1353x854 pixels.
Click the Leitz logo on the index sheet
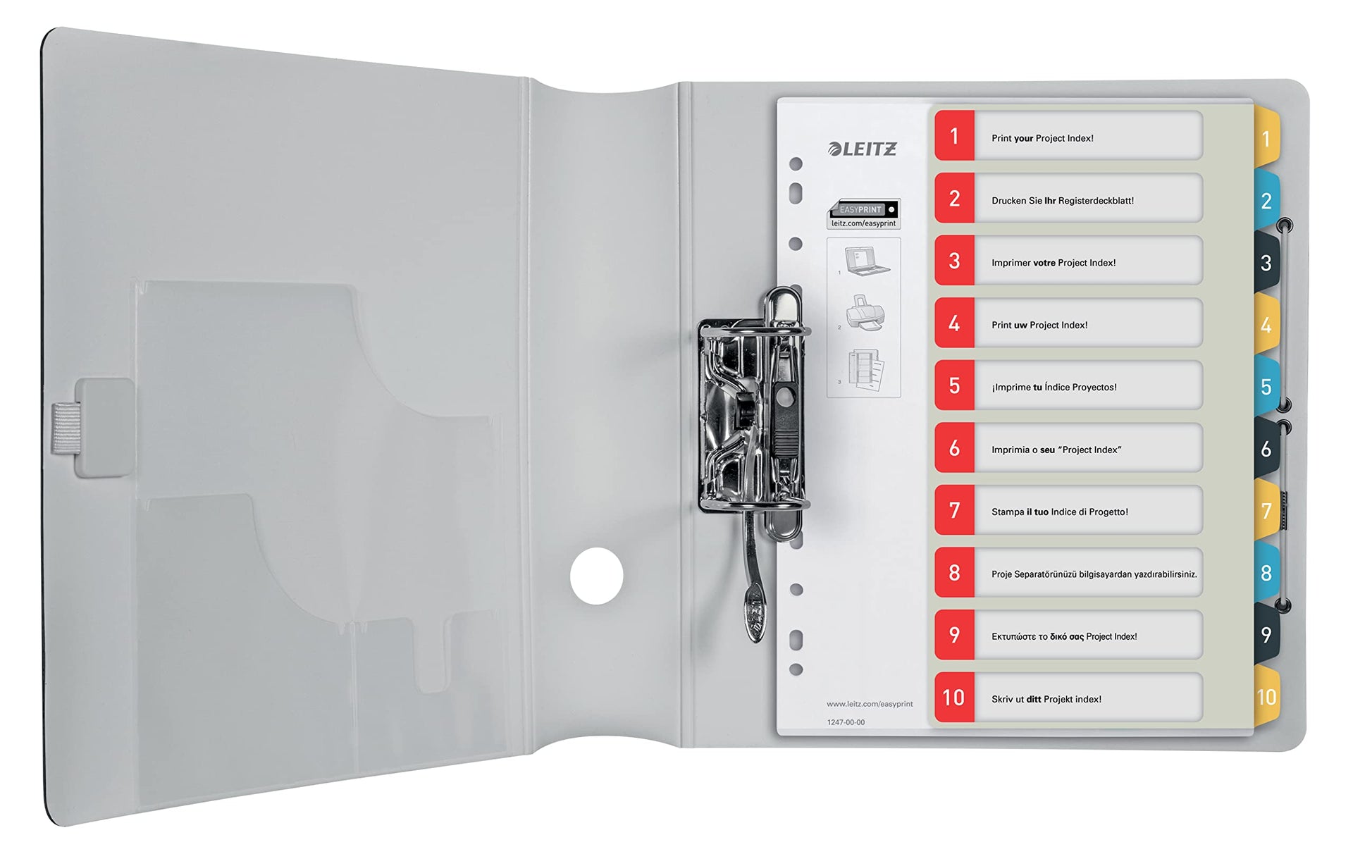click(x=863, y=149)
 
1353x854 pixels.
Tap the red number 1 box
click(x=955, y=135)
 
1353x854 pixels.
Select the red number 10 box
click(x=955, y=698)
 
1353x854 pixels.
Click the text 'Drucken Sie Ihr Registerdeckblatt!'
click(x=1063, y=201)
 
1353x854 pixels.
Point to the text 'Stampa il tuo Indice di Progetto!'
click(x=1060, y=512)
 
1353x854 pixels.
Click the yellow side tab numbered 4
click(x=1266, y=325)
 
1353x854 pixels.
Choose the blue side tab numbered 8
click(x=1266, y=573)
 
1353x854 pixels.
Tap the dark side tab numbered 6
click(x=1266, y=449)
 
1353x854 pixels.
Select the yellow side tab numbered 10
click(x=1267, y=698)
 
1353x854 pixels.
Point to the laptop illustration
click(x=867, y=261)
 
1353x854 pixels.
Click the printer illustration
click(x=865, y=313)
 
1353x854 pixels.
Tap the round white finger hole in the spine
click(x=597, y=576)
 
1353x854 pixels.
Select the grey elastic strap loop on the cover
click(x=66, y=428)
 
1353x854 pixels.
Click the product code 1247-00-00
click(x=846, y=722)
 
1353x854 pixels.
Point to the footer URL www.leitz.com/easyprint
click(x=870, y=704)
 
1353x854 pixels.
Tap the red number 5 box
click(x=955, y=385)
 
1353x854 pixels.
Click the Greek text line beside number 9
click(x=1064, y=637)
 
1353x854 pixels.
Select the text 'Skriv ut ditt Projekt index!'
click(x=1046, y=699)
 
